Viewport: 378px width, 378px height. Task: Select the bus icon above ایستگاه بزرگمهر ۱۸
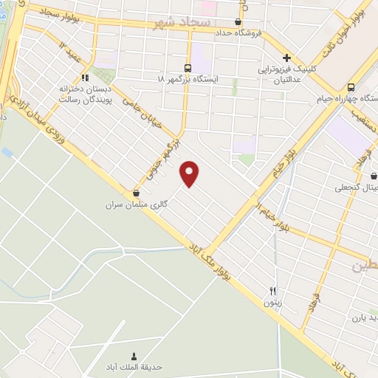tap(188, 66)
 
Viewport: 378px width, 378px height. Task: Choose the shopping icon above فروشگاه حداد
tap(238, 21)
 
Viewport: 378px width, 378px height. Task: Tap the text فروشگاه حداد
tap(238, 32)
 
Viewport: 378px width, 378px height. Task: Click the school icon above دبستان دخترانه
tap(86, 77)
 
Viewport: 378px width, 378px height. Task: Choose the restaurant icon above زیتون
tap(272, 291)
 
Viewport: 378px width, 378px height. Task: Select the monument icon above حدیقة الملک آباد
tap(134, 355)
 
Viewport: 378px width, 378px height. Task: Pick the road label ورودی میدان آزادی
tap(59, 129)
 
